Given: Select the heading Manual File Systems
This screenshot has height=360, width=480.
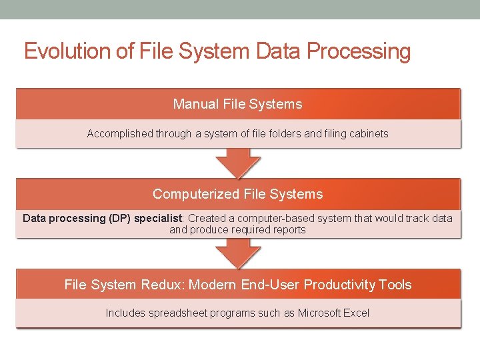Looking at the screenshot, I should click(x=237, y=104).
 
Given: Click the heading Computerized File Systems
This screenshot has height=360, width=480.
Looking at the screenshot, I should click(x=237, y=194).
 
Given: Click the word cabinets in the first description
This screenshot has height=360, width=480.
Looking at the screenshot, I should click(x=367, y=133).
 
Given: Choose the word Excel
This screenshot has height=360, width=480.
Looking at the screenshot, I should click(x=356, y=313).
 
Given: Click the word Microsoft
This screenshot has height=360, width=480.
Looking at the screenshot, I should click(x=319, y=313).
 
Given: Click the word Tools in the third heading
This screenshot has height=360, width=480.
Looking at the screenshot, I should click(x=395, y=285).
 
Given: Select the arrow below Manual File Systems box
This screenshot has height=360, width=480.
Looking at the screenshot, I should click(x=238, y=162).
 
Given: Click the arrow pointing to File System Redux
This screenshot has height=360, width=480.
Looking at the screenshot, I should click(x=238, y=253).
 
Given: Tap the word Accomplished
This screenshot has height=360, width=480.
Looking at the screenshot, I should click(x=120, y=133).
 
